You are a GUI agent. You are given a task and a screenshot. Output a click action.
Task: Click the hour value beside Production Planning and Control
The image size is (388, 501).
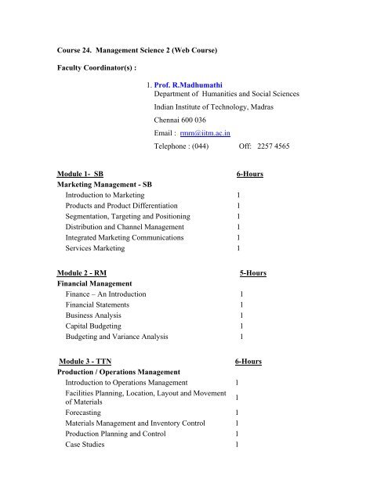(237, 434)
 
